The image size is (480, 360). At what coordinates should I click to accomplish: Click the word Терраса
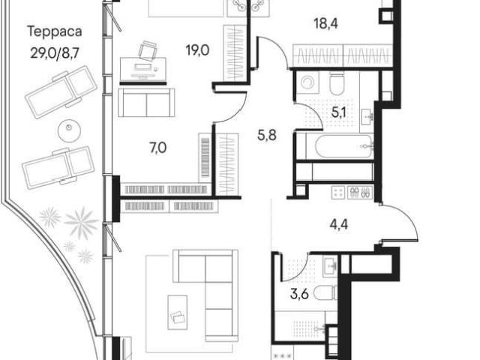click(55, 31)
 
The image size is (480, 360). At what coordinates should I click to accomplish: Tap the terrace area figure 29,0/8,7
click(55, 53)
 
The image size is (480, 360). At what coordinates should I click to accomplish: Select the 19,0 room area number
click(197, 50)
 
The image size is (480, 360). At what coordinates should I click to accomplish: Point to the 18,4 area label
click(326, 23)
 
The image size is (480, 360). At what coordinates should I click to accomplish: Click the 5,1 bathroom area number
click(339, 112)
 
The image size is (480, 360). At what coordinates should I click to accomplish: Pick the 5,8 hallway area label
click(267, 135)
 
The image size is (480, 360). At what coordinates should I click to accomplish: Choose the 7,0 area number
click(158, 148)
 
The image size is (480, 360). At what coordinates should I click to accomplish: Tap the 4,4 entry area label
click(339, 225)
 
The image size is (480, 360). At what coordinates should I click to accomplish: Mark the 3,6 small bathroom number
click(299, 295)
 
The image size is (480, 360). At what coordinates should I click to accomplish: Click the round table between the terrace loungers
click(70, 130)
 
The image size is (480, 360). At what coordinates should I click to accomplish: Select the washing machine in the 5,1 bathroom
click(307, 82)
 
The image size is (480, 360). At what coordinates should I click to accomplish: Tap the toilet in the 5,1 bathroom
click(337, 83)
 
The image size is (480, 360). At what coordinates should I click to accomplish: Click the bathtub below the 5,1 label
click(343, 147)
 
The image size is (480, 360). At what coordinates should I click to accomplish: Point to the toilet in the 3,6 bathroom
click(325, 292)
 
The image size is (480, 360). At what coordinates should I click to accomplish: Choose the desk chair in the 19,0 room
click(148, 50)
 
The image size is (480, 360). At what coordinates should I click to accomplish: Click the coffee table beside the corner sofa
click(178, 312)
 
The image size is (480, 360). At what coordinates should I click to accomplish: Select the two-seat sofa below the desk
click(146, 103)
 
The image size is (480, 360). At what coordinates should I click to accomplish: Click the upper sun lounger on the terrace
click(61, 91)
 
